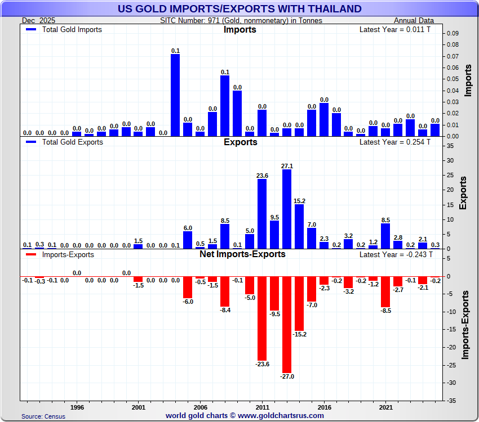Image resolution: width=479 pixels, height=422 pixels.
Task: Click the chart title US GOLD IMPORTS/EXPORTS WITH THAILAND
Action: click(239, 8)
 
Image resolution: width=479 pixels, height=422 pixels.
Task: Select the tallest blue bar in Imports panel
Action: click(175, 95)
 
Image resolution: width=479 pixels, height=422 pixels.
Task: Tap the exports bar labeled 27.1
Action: click(287, 209)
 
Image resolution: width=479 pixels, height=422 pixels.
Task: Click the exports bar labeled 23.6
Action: click(262, 214)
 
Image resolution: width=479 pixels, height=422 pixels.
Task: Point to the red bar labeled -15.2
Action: click(299, 303)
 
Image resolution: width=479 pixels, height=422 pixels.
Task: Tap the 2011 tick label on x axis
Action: click(262, 406)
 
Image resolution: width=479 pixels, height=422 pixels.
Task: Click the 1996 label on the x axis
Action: click(77, 406)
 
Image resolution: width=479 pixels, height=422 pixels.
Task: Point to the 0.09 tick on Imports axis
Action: click(453, 33)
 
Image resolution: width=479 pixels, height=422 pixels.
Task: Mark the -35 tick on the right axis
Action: click(451, 401)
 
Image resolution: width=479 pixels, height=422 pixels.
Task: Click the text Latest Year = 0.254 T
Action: click(394, 142)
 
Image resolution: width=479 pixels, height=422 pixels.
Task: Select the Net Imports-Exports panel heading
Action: click(242, 254)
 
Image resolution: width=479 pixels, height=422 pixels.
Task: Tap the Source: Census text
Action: click(43, 416)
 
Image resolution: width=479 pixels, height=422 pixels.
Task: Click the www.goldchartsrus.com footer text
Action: click(245, 416)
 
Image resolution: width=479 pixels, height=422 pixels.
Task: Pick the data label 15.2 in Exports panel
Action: click(299, 201)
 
